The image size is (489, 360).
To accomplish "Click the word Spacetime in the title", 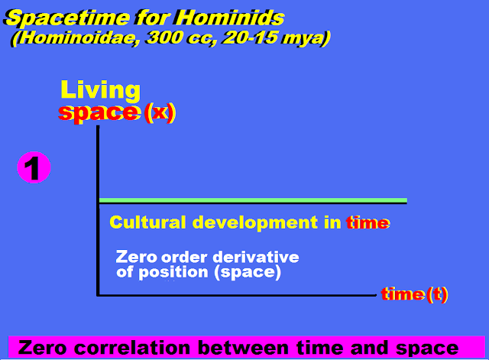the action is (67, 18).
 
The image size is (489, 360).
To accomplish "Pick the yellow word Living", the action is (100, 90).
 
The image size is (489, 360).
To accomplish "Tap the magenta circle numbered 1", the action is (34, 167).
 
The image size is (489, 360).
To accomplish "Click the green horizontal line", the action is (253, 200).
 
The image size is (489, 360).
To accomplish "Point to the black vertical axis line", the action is (98, 210).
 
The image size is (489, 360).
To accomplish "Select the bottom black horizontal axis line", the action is (236, 294).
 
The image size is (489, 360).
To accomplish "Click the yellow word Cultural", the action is (147, 222).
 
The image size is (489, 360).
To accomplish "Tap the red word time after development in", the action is (368, 222).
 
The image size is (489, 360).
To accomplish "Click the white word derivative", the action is (256, 258).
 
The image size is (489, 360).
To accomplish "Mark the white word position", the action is (173, 272).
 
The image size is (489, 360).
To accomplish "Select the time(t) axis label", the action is (414, 294).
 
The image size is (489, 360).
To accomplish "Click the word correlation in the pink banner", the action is (132, 348).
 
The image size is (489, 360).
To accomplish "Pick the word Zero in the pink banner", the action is (43, 348).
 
